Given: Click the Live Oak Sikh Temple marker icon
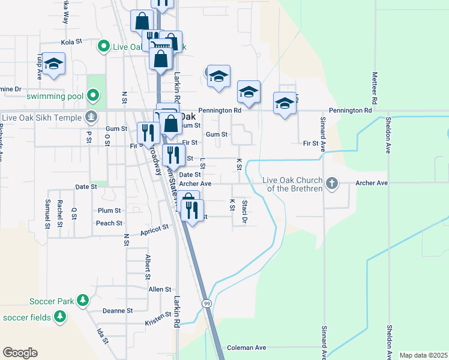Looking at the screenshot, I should [91, 116].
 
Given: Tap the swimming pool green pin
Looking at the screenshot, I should [92, 95].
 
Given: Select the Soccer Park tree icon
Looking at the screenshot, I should [83, 299].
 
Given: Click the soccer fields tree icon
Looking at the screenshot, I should [59, 316].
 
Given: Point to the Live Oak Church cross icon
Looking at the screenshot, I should [332, 182].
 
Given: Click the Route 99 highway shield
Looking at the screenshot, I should [206, 304].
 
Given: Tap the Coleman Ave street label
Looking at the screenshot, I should [246, 347].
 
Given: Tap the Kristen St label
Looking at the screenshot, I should [158, 322].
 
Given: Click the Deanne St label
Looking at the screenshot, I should [117, 311].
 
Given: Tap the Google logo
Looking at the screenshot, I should [20, 353].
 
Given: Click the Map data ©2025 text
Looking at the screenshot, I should [423, 355].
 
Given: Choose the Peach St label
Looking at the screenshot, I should [109, 223].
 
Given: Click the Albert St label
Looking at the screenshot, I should [147, 267].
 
